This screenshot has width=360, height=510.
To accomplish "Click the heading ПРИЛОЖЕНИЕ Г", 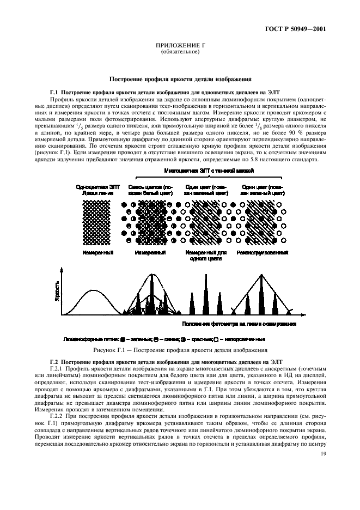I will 180,47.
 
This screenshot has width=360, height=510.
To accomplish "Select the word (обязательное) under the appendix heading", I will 180,53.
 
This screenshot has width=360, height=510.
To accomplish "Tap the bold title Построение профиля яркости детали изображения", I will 180,79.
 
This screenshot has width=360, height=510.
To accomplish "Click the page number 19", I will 324,454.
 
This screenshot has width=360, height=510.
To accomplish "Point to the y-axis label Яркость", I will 57,296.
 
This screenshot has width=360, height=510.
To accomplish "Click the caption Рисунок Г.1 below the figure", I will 180,349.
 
